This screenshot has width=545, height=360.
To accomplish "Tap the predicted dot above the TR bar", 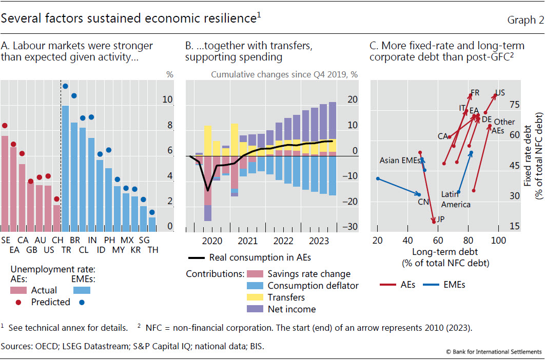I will click(x=65, y=86).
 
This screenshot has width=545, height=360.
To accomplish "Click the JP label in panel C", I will click(x=440, y=219).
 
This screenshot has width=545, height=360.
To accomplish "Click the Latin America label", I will click(x=456, y=199).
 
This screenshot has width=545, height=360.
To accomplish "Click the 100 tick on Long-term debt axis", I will click(x=498, y=241).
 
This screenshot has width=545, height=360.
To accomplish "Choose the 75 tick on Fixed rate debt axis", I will click(x=514, y=105).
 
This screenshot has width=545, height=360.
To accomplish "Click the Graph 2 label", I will click(x=525, y=20).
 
